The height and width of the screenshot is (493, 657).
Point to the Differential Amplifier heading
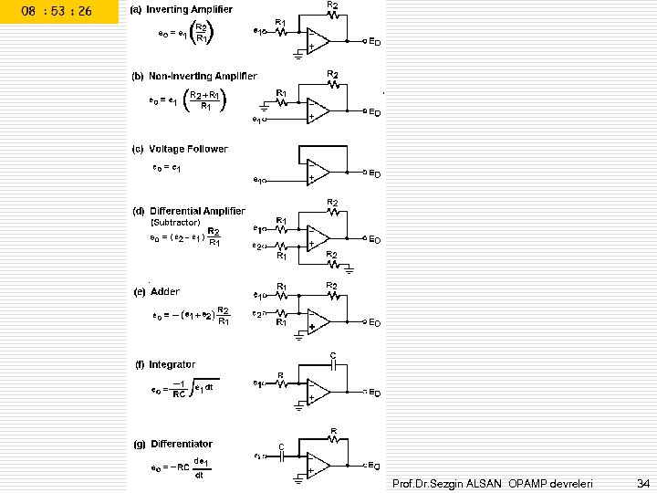tap(198, 211)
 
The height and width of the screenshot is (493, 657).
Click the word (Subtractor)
tap(175, 222)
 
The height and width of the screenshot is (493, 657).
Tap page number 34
tap(643, 481)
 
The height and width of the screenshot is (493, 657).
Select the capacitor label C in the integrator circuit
tap(333, 354)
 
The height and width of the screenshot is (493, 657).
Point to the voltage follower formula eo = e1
tap(167, 169)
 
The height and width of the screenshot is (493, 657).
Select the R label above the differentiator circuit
tap(335, 429)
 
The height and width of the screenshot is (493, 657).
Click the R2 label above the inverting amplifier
tap(332, 5)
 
